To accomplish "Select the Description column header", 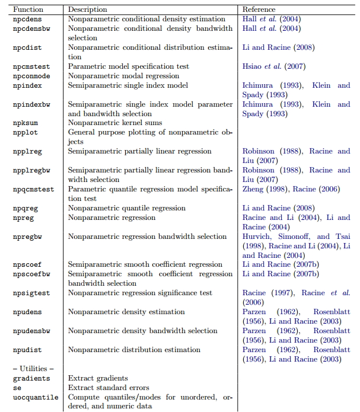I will (88, 9).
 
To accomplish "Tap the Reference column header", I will (259, 9).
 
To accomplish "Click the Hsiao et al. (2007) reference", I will (270, 66).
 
